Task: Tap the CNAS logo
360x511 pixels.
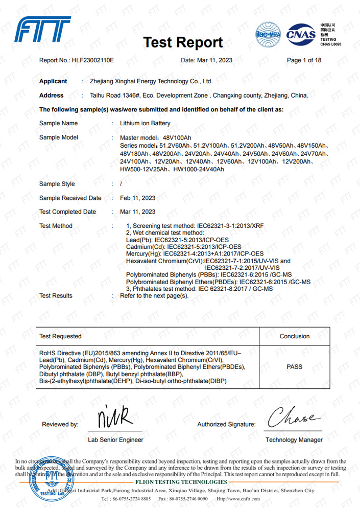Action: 301,35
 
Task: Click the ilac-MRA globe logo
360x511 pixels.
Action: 268,35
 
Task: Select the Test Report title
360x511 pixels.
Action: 183,42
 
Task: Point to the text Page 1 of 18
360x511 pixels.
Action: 304,60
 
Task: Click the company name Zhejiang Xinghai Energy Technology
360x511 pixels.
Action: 151,81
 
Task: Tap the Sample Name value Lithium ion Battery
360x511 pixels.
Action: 145,124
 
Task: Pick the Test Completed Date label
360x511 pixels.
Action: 67,212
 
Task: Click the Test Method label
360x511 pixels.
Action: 56,226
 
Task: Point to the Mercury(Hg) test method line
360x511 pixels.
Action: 195,253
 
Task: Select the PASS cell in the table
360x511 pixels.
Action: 295,367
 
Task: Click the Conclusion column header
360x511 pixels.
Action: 295,336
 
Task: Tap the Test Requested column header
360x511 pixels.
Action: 60,336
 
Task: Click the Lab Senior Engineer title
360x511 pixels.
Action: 115,440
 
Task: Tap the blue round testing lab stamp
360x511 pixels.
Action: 51,477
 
